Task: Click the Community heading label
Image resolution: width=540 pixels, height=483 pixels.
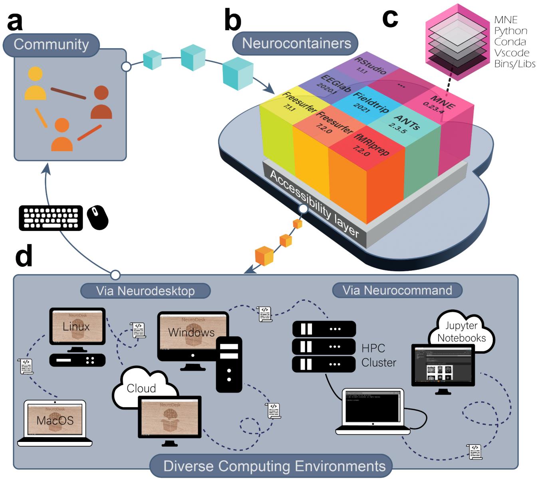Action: click(51, 44)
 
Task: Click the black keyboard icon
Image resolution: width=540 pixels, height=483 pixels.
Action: click(51, 218)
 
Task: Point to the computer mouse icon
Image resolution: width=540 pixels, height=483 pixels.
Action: click(98, 217)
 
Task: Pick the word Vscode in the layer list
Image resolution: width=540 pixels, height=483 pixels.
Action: click(512, 53)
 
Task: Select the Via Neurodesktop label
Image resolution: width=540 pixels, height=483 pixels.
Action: click(145, 291)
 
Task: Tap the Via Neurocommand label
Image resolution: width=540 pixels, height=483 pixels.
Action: click(397, 290)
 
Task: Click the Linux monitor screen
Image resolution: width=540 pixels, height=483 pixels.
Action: click(77, 326)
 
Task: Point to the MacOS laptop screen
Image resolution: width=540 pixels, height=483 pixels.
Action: click(55, 420)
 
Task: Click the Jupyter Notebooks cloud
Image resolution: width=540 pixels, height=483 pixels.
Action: click(462, 331)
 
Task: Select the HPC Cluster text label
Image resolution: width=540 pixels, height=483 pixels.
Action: click(379, 355)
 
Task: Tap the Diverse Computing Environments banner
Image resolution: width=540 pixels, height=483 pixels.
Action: click(274, 466)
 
